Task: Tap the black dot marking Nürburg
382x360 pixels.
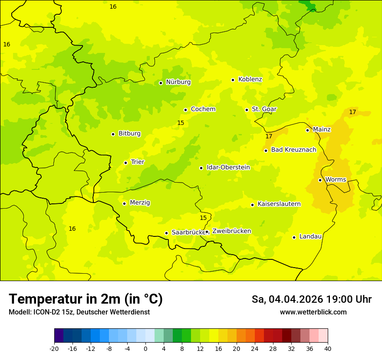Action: [x=161, y=83]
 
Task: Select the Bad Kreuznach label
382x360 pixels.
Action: [x=293, y=150]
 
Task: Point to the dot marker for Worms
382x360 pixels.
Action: [x=320, y=180]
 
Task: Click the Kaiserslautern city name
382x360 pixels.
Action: [x=279, y=204]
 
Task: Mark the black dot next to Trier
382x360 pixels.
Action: [x=125, y=163]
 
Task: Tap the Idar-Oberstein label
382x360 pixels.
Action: [x=228, y=167]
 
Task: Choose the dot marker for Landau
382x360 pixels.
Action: [x=294, y=237]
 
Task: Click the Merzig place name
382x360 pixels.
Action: [x=140, y=203]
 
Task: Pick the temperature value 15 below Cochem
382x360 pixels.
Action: [x=181, y=123]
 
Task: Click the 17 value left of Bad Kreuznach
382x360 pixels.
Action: [x=269, y=136]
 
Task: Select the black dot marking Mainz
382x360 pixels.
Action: [x=307, y=130]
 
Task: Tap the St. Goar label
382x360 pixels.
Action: [x=264, y=109]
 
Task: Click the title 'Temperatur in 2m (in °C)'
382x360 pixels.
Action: [x=86, y=299]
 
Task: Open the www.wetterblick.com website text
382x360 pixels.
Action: [x=313, y=312]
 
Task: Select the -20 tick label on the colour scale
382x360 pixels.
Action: [x=54, y=349]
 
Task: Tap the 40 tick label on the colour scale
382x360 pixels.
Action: [x=328, y=349]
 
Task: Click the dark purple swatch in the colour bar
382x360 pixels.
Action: [x=59, y=336]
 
